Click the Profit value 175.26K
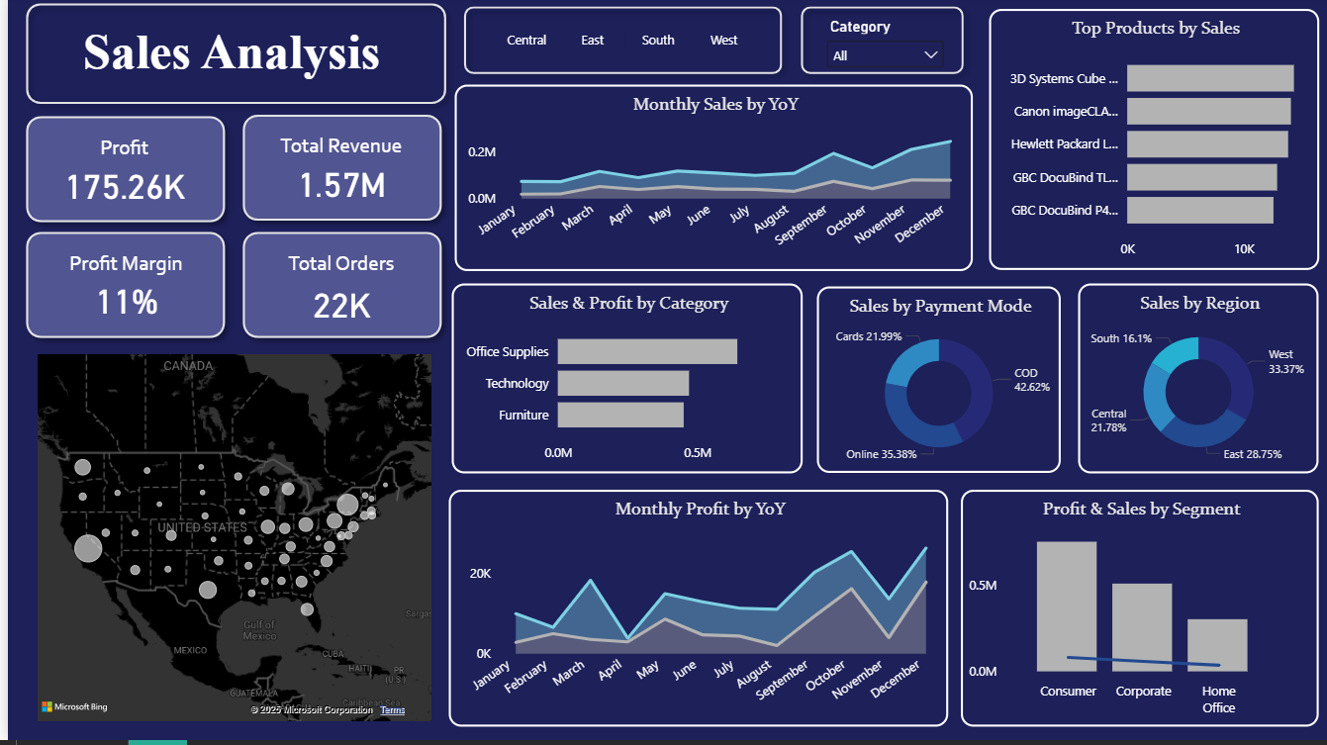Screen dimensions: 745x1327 (x=126, y=186)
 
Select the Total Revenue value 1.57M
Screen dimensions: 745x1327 (x=341, y=185)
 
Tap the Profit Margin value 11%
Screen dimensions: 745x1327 (x=127, y=302)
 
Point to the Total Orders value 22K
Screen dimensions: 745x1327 (x=341, y=306)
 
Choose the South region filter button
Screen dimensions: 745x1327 (x=658, y=41)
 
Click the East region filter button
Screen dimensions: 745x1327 (x=593, y=41)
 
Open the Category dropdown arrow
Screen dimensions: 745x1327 (x=930, y=55)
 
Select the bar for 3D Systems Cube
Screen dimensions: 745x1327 (x=1209, y=78)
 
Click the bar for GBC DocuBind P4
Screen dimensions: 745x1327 (x=1199, y=210)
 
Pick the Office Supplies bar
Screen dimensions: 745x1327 (x=647, y=351)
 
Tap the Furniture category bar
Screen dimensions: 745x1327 (x=620, y=415)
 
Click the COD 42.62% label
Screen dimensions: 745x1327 (x=1031, y=380)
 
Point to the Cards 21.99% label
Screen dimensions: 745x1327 (x=868, y=336)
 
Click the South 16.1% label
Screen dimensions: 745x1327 (x=1121, y=338)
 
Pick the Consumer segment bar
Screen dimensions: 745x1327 (x=1067, y=605)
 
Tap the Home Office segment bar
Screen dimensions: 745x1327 (x=1217, y=645)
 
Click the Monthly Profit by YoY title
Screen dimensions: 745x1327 (x=700, y=509)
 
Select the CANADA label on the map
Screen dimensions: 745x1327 (x=188, y=366)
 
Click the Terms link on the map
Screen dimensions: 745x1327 (x=392, y=710)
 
